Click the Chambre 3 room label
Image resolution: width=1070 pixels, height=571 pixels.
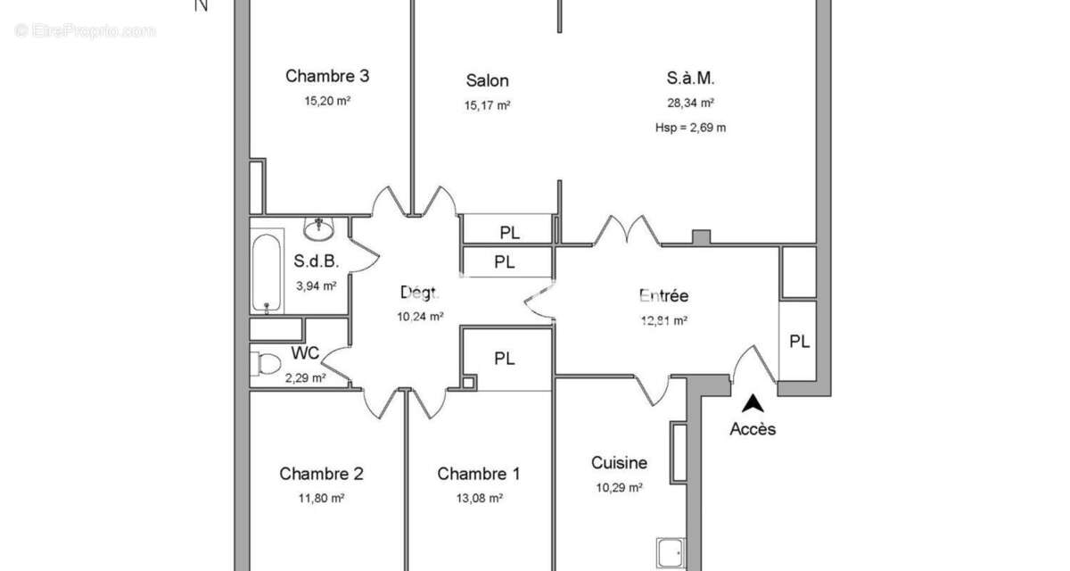point(327,76)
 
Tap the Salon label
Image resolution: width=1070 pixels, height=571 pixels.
point(487,80)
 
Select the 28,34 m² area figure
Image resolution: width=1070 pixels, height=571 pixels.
point(691,103)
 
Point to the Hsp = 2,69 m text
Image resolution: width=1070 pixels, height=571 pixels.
point(691,128)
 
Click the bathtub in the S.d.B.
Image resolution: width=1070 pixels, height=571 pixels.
point(267,273)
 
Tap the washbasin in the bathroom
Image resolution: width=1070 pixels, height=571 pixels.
point(319,230)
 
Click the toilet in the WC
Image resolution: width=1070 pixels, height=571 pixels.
point(266,364)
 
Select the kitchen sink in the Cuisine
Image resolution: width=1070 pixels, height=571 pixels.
point(671,553)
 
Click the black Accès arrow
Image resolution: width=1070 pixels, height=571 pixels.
point(753,403)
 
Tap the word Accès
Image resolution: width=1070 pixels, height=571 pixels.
point(753,429)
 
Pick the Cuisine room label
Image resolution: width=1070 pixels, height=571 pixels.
point(619,462)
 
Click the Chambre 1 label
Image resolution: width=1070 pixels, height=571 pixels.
point(479,474)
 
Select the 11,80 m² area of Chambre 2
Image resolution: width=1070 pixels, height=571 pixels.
point(322,499)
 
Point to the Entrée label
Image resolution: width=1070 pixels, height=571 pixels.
point(664,296)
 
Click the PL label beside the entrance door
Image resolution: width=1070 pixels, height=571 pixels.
point(800,342)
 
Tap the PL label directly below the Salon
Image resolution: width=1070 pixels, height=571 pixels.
point(510,233)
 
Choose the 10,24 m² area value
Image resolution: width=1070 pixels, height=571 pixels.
point(420,317)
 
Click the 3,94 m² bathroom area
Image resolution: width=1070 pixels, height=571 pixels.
point(317,285)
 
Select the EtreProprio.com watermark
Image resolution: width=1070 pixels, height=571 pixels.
point(85,31)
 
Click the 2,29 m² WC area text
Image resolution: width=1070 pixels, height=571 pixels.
point(306,378)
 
